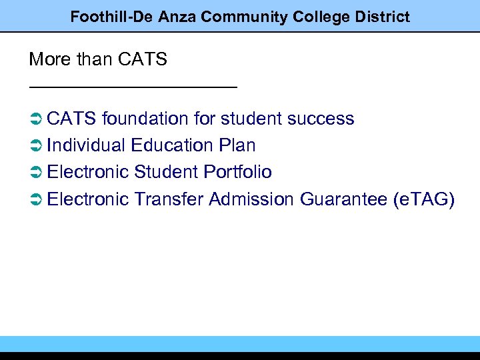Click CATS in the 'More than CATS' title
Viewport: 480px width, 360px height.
pos(142,59)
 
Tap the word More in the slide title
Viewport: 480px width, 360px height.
pos(49,59)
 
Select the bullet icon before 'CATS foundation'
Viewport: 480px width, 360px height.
pos(36,119)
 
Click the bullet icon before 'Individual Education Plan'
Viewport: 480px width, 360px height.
pos(36,146)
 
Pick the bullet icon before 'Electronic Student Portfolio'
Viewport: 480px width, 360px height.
pos(36,173)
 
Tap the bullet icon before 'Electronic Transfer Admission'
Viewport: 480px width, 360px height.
pos(36,199)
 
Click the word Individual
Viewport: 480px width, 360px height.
pos(86,145)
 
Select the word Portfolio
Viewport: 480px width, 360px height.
pos(237,172)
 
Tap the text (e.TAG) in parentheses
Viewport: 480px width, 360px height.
pos(423,199)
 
